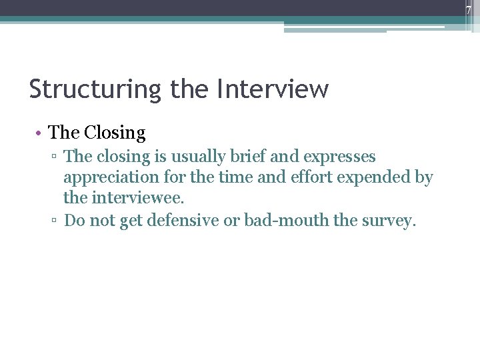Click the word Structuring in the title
(x=95, y=89)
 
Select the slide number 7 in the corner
(x=468, y=10)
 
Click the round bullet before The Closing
(x=39, y=134)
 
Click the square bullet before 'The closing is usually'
(x=56, y=157)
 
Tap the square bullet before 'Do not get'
(x=56, y=221)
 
